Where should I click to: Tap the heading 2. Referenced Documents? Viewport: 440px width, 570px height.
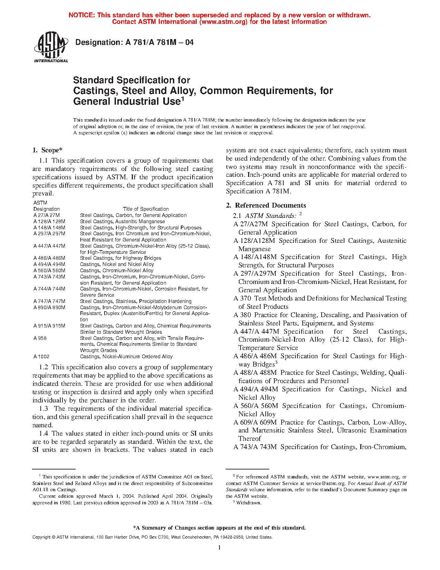[x=266, y=206]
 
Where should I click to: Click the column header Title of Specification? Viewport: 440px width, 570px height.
[x=146, y=209]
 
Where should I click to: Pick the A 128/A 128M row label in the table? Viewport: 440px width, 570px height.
[x=49, y=221]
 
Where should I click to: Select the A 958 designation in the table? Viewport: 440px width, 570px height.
[x=40, y=338]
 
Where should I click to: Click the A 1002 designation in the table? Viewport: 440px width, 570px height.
[x=41, y=357]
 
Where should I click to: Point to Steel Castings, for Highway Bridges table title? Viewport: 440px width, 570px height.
[x=120, y=258]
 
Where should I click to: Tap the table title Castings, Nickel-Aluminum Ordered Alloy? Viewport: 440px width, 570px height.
[x=126, y=357]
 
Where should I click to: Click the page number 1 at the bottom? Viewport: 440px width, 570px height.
[x=219, y=547]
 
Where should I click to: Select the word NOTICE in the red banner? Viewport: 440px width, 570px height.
[x=81, y=15]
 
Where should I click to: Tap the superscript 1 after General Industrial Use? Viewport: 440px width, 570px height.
[x=183, y=99]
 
